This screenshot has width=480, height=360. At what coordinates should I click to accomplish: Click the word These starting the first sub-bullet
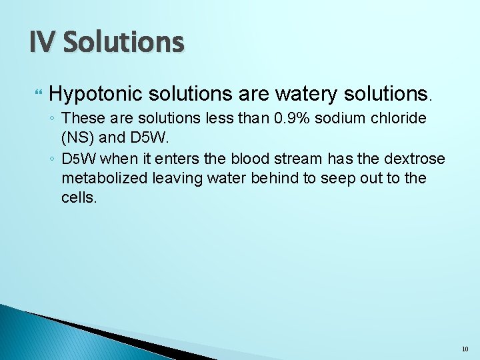tap(83, 119)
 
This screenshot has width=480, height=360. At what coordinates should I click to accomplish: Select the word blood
tap(252, 160)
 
